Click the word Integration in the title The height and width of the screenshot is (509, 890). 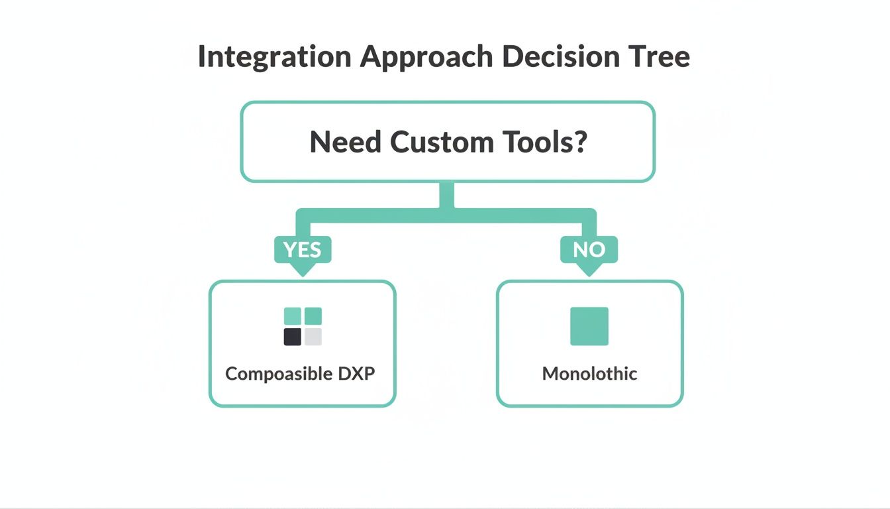273,57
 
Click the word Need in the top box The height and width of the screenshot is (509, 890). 346,142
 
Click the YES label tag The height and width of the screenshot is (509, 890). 303,250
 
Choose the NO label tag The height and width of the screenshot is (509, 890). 589,250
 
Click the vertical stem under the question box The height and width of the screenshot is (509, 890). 447,196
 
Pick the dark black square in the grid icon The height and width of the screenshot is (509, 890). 293,337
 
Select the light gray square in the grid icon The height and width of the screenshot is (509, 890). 313,337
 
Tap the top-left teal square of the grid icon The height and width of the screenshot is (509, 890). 293,316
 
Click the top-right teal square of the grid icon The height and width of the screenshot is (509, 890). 313,316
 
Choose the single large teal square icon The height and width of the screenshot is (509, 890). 589,326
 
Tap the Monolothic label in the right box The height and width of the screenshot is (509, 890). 589,374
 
